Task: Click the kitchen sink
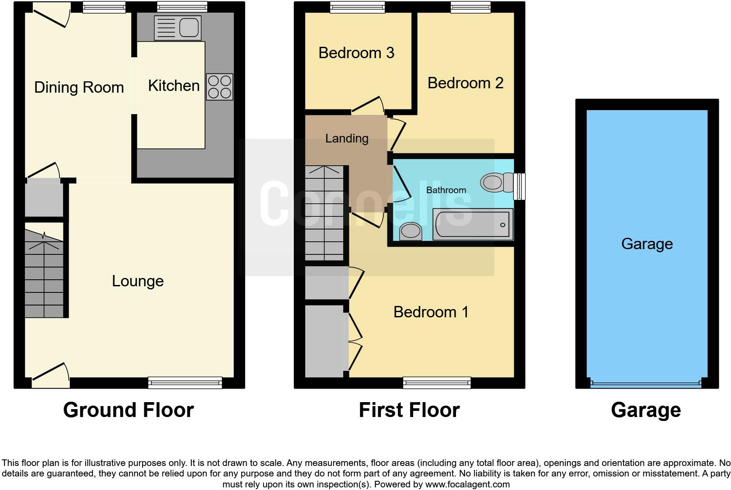178,28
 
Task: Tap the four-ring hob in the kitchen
219,87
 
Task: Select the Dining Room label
79,87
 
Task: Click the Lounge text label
138,281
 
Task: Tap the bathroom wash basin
411,231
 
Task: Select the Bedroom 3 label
356,53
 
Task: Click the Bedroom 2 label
465,83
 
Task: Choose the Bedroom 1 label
431,312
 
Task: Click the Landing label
347,139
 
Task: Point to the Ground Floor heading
128,410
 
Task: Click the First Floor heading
409,410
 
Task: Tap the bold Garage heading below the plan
646,410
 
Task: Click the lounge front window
185,383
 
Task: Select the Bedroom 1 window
437,383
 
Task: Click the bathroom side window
519,187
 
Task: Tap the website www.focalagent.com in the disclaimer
467,484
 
